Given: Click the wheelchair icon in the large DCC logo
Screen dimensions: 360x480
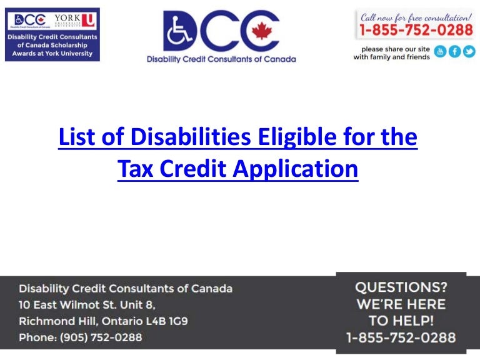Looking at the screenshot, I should [181, 31].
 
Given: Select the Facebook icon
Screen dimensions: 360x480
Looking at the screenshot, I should [454, 52].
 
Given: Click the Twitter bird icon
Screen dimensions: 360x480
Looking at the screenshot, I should [469, 52].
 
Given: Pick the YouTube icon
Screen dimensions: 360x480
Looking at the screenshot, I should [440, 52].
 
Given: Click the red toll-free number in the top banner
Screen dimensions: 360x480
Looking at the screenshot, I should [415, 29].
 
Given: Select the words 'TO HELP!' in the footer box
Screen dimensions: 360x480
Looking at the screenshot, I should [401, 321].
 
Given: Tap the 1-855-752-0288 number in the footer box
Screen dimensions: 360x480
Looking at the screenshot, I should [401, 338].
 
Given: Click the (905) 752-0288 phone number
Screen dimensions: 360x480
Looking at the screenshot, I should [101, 337].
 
